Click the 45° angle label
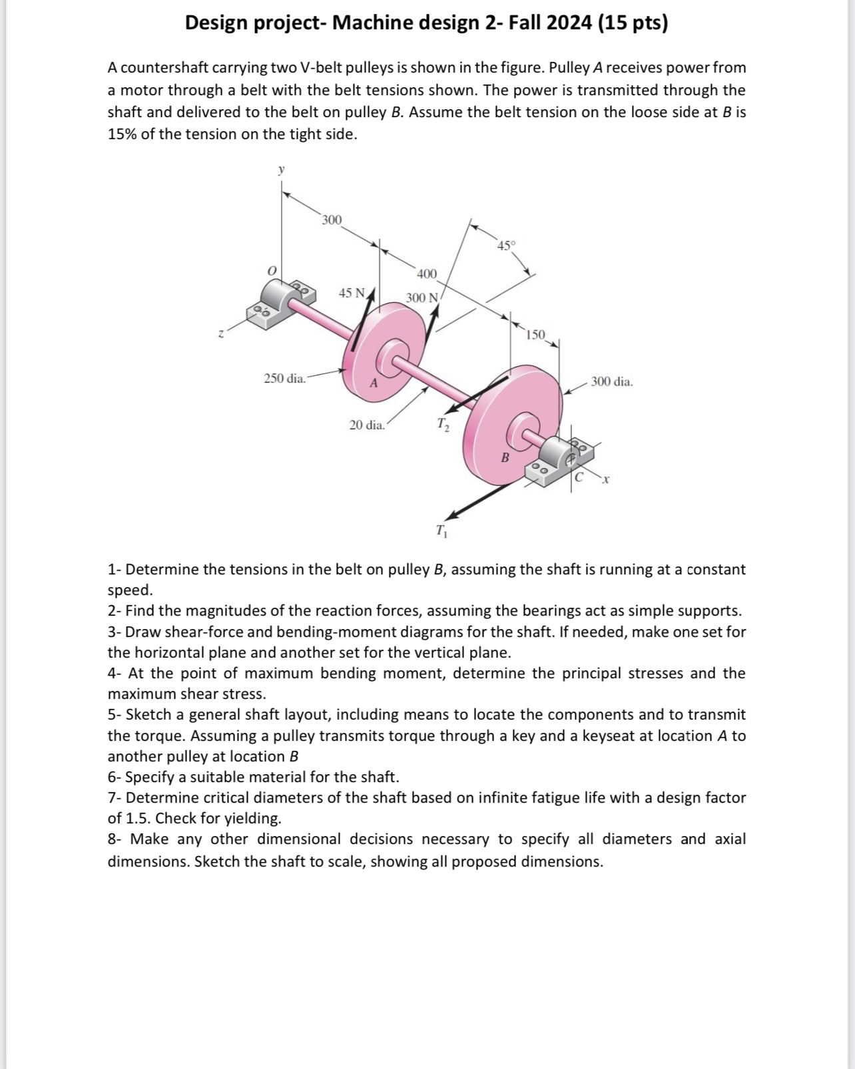click(506, 246)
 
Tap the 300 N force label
click(422, 298)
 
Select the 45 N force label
click(352, 293)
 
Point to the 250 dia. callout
click(285, 379)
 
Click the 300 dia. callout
click(612, 382)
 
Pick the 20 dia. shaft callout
click(367, 425)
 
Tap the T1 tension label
click(441, 531)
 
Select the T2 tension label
click(443, 423)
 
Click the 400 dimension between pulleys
click(426, 274)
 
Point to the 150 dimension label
click(535, 334)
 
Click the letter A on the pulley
click(374, 383)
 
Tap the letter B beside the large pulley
click(505, 457)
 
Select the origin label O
click(271, 271)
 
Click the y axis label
click(281, 170)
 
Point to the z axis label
click(221, 334)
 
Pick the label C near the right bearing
click(579, 477)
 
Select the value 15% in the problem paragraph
click(122, 134)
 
